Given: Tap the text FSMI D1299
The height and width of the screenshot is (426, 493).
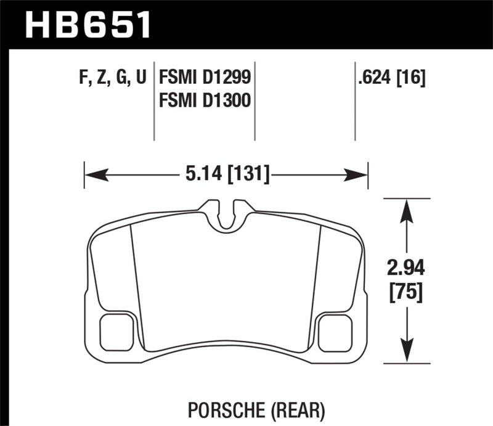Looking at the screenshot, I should pyautogui.click(x=205, y=78).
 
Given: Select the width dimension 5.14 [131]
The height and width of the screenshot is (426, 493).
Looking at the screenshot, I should pyautogui.click(x=227, y=175).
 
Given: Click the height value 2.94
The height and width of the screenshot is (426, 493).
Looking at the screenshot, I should pyautogui.click(x=405, y=268).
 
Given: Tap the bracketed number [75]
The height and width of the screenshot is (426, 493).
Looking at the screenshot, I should pyautogui.click(x=405, y=293).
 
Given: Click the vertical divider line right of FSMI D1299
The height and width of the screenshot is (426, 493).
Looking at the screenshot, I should pyautogui.click(x=255, y=102).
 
